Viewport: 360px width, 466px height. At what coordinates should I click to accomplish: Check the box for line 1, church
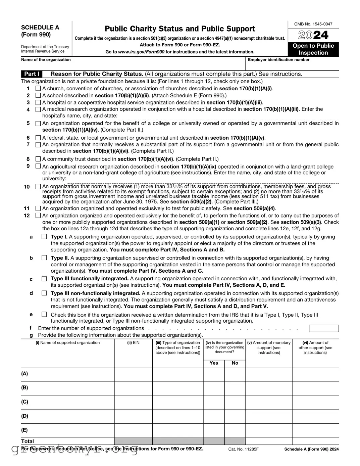[x=38, y=89]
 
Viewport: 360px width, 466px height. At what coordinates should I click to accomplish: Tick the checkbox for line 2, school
[x=38, y=96]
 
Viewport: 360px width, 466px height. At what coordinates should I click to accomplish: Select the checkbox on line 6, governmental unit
[x=38, y=138]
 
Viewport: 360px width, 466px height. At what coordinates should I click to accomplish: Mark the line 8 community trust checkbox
[x=38, y=159]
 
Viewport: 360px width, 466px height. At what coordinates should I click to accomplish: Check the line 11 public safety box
[x=38, y=208]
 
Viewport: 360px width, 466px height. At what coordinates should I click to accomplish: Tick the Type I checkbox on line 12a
[x=44, y=237]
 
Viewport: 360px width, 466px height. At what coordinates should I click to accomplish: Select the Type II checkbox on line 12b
[x=44, y=258]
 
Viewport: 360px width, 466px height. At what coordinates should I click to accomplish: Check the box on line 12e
[x=44, y=315]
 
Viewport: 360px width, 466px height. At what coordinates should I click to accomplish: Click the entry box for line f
[x=323, y=328]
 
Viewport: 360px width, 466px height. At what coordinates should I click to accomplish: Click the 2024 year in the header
[x=313, y=35]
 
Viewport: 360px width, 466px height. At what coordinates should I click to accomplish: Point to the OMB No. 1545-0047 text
[x=313, y=24]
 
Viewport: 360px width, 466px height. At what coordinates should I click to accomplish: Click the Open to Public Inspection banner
[x=313, y=49]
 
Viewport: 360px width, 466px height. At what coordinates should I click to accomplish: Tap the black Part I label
[x=32, y=74]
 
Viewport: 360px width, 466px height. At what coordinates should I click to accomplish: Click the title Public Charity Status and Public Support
[x=180, y=29]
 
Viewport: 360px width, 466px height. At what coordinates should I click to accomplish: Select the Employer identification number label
[x=278, y=60]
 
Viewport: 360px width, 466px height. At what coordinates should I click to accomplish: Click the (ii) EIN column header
[x=133, y=343]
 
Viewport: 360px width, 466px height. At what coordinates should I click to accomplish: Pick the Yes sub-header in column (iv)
[x=214, y=363]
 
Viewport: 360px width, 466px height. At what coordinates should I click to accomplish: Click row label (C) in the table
[x=25, y=402]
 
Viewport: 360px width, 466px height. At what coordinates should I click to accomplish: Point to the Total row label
[x=28, y=441]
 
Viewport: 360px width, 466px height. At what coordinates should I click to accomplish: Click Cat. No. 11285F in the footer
[x=243, y=449]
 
